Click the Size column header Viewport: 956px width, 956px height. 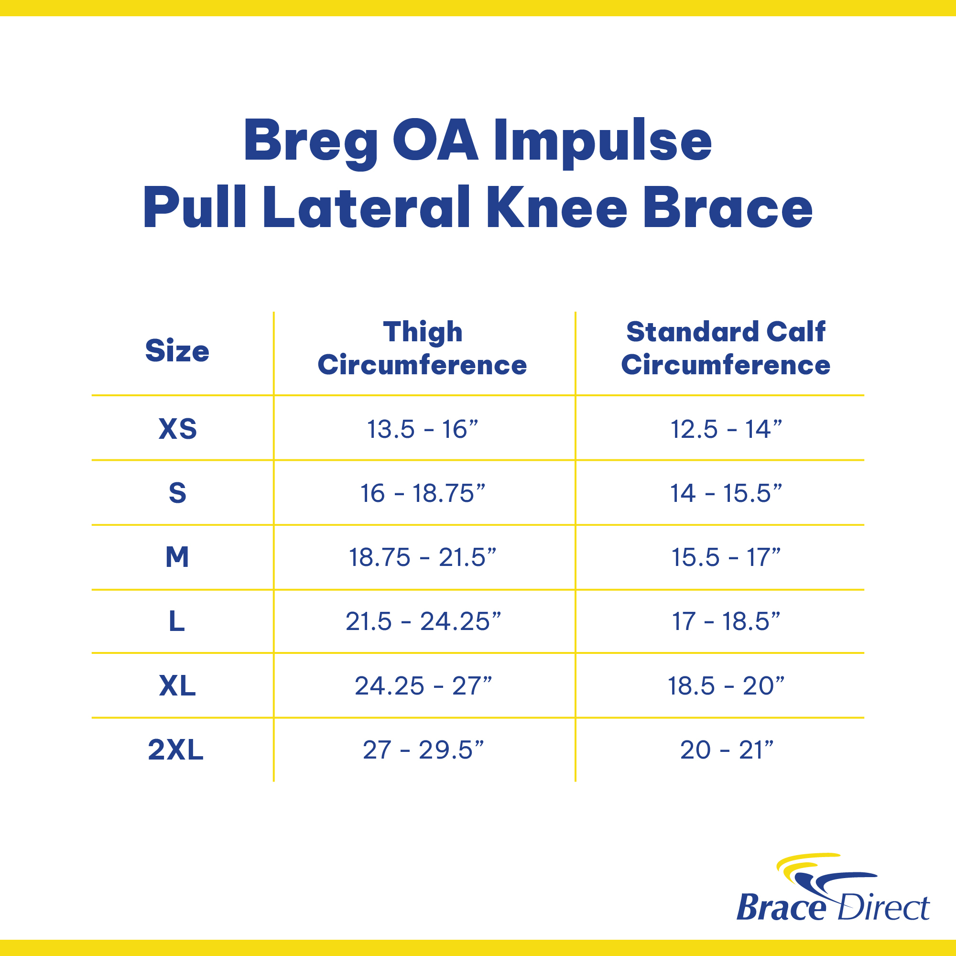(177, 351)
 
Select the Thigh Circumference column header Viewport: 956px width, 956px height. (422, 349)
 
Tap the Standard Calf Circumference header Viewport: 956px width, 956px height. (726, 348)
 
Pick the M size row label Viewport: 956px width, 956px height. (177, 557)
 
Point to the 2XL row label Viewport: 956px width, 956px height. (175, 750)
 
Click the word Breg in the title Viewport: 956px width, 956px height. (311, 142)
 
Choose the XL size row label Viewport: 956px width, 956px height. (177, 686)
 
